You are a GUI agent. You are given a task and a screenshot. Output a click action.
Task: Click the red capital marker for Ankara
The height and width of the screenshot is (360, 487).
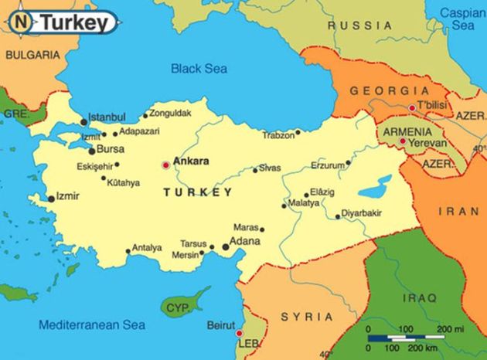165,165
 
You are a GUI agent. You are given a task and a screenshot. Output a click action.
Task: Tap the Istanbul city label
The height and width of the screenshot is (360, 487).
107,117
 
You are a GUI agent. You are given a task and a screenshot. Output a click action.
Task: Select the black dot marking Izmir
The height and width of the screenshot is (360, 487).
51,199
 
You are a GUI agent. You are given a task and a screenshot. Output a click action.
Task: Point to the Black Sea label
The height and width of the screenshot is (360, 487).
199,68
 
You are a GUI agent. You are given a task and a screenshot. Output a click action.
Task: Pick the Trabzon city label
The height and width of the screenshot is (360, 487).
278,135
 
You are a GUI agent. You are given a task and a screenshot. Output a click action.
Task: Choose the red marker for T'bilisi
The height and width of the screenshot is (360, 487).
412,107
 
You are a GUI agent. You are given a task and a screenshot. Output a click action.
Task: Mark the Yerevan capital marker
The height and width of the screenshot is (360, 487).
403,141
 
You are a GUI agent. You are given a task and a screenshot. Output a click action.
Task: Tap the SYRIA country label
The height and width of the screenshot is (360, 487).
307,317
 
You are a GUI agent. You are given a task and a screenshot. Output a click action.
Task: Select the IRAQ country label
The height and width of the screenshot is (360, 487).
421,297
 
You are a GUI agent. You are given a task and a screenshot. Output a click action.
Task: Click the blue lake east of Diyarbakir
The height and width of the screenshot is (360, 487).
375,185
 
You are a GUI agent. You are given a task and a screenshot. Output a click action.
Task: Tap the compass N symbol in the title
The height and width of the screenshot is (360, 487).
26,22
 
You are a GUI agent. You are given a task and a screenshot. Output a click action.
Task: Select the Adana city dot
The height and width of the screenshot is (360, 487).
226,247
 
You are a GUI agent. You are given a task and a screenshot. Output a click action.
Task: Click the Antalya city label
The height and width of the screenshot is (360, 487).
147,248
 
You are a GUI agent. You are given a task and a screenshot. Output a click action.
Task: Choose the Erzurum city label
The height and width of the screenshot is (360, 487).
325,165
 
